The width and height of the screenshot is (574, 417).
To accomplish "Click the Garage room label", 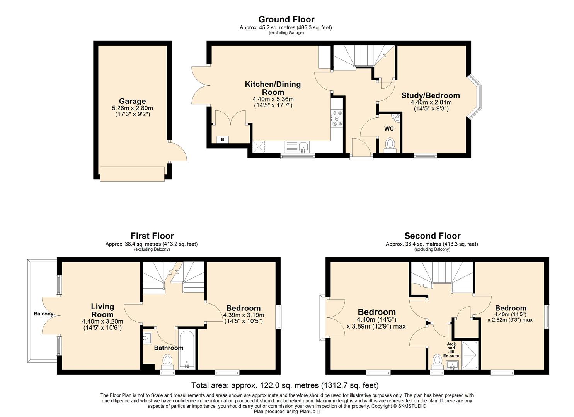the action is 132,101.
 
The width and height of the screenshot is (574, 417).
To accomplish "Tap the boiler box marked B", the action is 223,139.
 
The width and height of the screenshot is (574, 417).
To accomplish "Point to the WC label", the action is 389,129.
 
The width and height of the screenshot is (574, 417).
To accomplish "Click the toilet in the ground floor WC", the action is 390,145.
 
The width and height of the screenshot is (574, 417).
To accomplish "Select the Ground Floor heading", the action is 286,19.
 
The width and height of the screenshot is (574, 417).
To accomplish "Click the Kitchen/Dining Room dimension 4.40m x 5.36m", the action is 273,99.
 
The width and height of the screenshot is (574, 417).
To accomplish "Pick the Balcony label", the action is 44,314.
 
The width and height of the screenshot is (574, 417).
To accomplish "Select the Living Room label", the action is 102,310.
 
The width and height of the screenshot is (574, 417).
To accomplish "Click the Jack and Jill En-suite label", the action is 451,350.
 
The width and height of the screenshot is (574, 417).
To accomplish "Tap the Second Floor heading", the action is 432,236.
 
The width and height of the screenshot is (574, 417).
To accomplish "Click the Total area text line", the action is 285,385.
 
